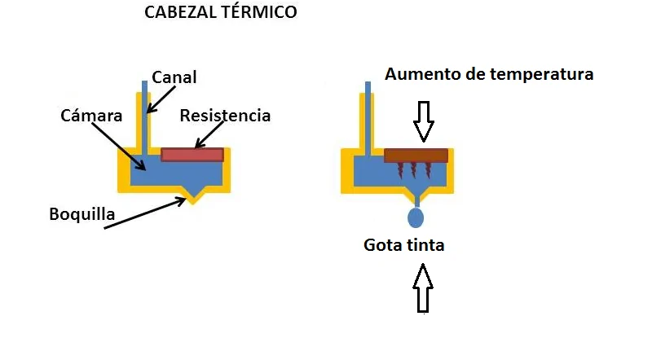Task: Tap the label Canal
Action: click(x=174, y=77)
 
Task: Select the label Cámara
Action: click(x=91, y=116)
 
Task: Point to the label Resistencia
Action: click(x=225, y=116)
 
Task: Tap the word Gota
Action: click(x=383, y=244)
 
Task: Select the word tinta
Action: click(x=426, y=244)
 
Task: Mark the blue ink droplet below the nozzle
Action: click(x=416, y=217)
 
